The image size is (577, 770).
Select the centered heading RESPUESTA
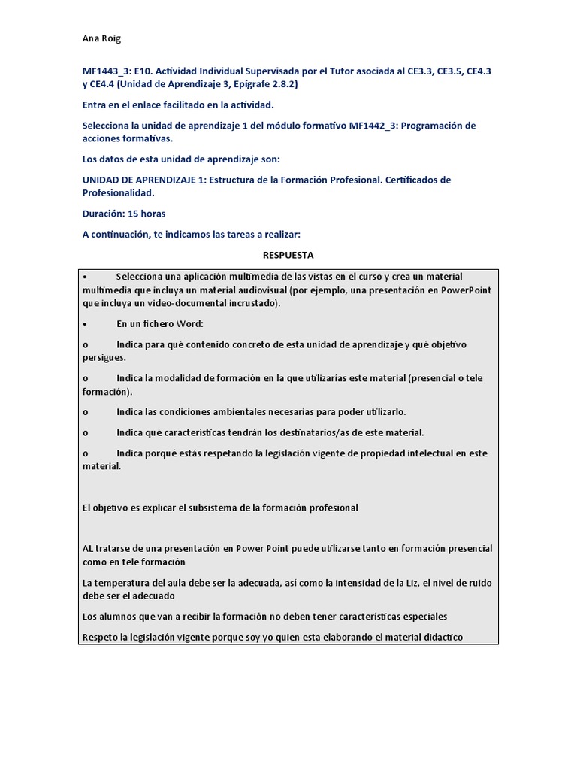(288, 255)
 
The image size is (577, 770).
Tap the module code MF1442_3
(373, 126)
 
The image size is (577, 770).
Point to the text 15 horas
(147, 214)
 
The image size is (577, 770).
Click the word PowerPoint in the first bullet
(467, 290)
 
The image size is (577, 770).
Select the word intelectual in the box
(426, 453)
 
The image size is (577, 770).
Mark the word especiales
(423, 617)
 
